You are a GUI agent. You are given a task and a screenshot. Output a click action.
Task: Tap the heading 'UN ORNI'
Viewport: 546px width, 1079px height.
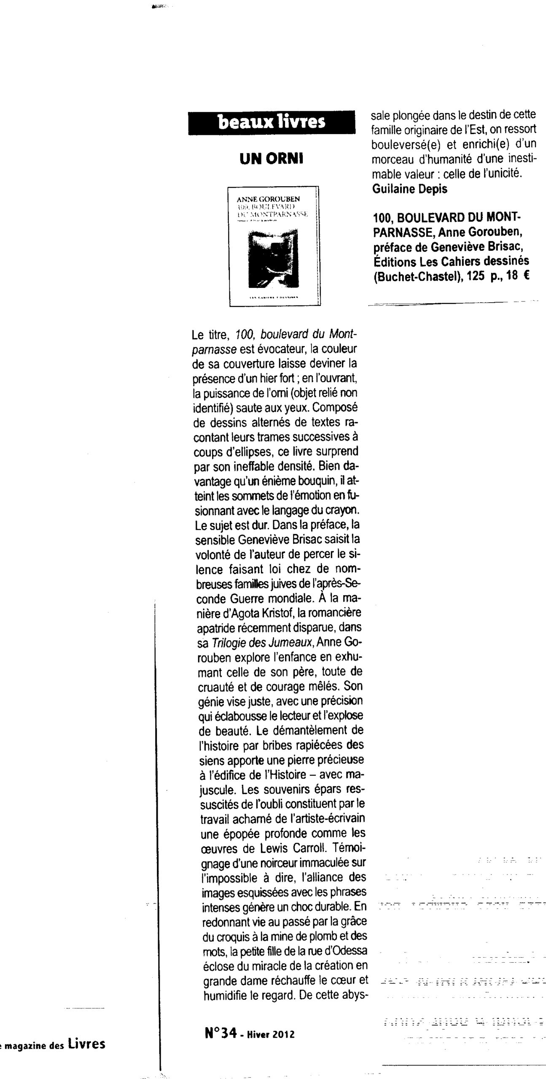[x=272, y=159]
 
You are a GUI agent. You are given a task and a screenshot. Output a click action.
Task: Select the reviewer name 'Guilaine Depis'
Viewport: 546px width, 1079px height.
[x=410, y=189]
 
